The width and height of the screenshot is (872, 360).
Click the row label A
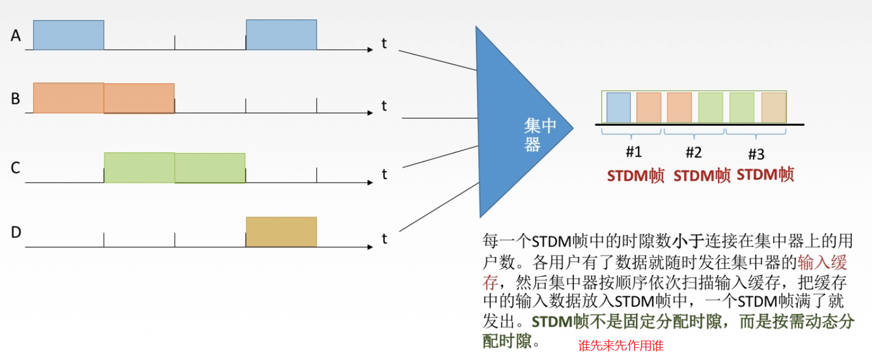pos(16,36)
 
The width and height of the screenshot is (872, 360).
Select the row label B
pos(16,98)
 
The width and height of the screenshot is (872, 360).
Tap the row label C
pos(16,168)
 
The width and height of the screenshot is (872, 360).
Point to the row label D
pos(16,232)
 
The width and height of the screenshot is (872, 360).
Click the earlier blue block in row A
pos(69,35)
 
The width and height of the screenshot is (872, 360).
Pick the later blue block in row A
pos(281,35)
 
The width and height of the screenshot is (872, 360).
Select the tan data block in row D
pos(281,231)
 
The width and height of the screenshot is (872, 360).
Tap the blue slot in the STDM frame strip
pos(618,107)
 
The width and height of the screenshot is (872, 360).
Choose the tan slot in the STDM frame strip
pos(774,107)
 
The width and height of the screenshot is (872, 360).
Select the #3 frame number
pos(756,152)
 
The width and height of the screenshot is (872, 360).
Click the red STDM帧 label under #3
pos(765,175)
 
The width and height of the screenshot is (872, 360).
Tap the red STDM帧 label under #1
pos(635,176)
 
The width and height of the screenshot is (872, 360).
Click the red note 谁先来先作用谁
pos(621,346)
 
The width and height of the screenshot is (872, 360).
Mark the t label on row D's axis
pos(384,239)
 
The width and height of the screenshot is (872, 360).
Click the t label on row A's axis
pos(384,43)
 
